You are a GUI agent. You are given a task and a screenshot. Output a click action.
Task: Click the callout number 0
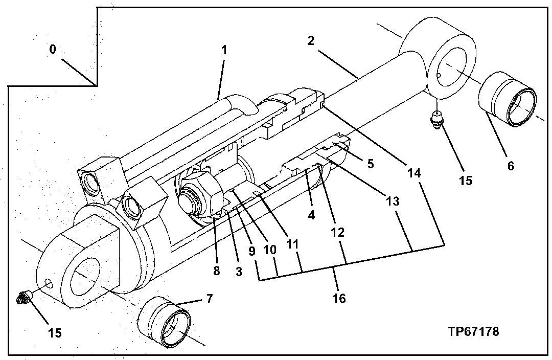[x=53, y=50]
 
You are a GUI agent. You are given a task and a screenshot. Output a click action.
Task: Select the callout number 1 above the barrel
[x=224, y=51]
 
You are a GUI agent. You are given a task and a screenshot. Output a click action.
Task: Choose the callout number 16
[x=339, y=298]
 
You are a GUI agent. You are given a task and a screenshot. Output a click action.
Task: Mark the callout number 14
[x=415, y=174]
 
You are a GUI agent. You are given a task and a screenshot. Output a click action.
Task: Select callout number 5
[x=370, y=164]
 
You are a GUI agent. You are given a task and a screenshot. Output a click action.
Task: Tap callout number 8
[x=217, y=271]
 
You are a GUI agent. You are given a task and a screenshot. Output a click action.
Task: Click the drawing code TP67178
[x=473, y=331]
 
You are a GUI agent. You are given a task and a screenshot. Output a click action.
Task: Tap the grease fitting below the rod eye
[x=436, y=121]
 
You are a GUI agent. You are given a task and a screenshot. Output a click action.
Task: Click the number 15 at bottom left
[x=55, y=333]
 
